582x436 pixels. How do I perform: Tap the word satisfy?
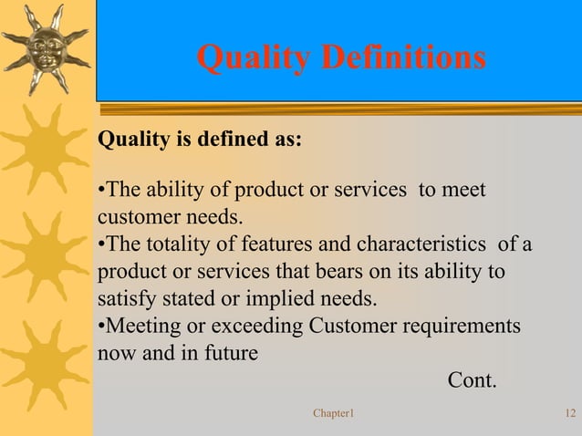(x=124, y=299)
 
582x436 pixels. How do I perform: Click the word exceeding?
(x=245, y=327)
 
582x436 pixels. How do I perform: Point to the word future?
(x=227, y=353)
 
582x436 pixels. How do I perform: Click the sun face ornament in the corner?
(x=47, y=47)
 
